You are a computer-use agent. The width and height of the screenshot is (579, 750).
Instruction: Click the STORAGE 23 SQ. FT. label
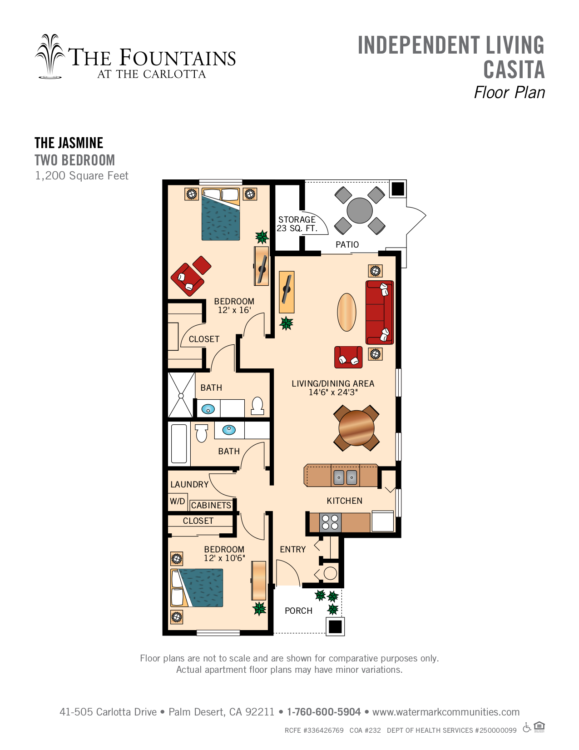(x=297, y=224)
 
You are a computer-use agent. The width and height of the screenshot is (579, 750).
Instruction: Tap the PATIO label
(x=347, y=244)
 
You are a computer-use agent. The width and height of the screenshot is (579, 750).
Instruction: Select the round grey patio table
(x=360, y=210)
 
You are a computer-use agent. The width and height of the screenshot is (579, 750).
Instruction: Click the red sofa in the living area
(x=380, y=313)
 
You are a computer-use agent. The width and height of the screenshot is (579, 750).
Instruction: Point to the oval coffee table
(x=346, y=312)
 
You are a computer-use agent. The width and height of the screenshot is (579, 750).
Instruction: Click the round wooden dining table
(x=356, y=427)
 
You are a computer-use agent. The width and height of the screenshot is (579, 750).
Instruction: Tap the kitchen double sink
(x=345, y=477)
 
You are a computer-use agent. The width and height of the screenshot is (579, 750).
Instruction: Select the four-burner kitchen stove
(x=330, y=522)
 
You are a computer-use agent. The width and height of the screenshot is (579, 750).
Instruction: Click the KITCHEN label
(x=344, y=501)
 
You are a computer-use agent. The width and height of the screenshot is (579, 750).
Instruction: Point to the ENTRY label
(x=292, y=549)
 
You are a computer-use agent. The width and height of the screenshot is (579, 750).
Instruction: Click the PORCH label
(x=298, y=611)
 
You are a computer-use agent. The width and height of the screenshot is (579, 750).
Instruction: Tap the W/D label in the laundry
(x=178, y=501)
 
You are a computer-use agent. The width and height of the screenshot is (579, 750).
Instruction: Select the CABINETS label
(x=211, y=505)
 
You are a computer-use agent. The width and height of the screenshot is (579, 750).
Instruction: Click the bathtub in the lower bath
(x=179, y=443)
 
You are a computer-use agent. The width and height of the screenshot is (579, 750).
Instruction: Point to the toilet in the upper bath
(x=257, y=406)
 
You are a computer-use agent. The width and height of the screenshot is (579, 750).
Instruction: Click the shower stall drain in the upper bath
(x=181, y=396)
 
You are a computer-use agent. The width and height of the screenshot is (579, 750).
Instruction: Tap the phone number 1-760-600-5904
(x=324, y=712)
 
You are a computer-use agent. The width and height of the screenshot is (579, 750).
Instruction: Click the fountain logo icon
(x=50, y=56)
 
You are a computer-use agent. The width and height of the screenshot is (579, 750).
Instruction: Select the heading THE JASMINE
(x=69, y=143)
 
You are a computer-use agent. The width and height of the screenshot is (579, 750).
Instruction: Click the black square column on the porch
(x=335, y=626)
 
